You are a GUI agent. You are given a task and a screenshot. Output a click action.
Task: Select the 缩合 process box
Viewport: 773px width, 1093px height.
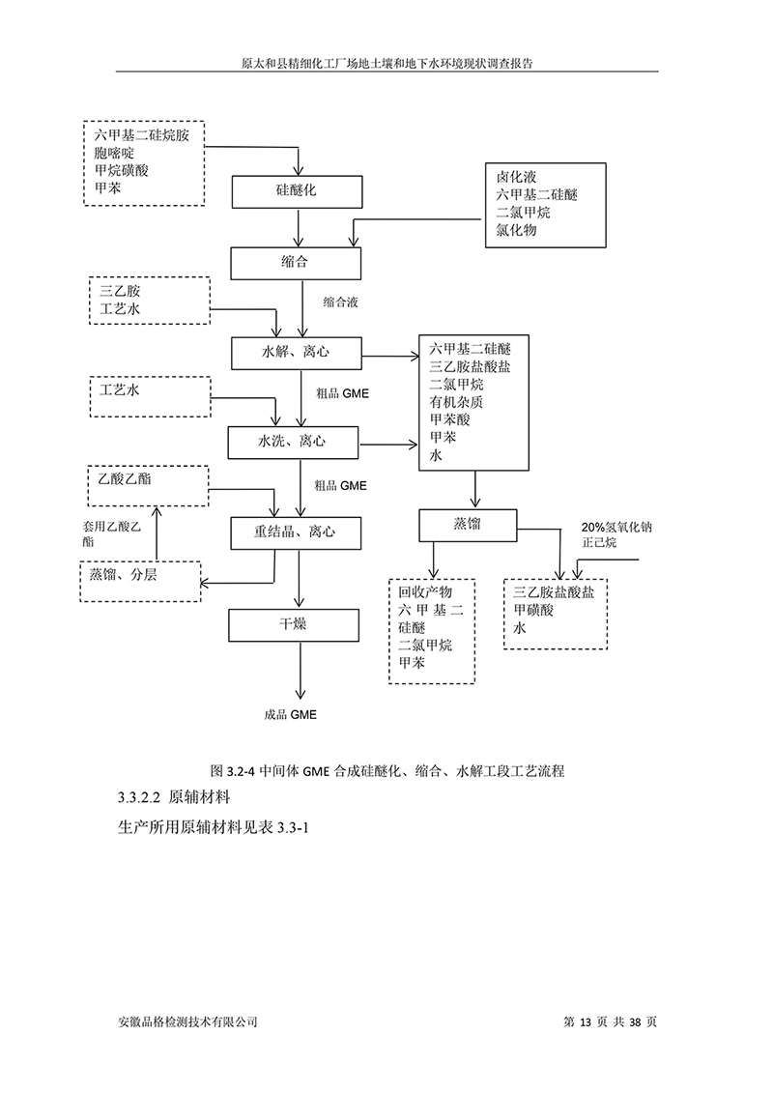coord(295,262)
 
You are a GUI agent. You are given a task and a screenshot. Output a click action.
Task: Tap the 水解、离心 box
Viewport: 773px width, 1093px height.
coord(295,352)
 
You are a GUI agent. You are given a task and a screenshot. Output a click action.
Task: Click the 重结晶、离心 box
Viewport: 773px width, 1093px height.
coord(295,532)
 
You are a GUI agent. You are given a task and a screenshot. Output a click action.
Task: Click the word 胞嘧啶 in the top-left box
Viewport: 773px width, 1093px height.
coord(112,153)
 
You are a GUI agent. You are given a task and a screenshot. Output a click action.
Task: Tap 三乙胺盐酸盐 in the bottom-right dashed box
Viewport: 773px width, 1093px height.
coord(554,592)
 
